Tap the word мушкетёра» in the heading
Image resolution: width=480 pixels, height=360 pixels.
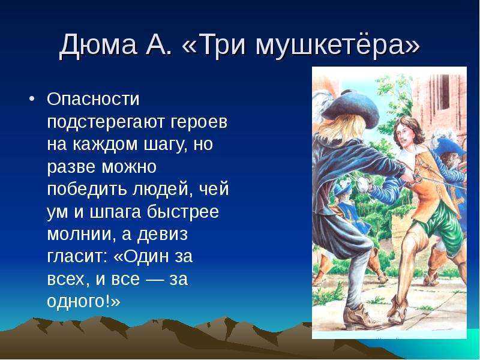click(x=337, y=46)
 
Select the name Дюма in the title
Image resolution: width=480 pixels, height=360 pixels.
click(x=98, y=46)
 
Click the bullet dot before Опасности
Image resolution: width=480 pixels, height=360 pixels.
click(x=32, y=99)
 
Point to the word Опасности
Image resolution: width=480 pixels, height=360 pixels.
click(x=93, y=98)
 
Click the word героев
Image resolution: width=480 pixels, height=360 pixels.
click(x=199, y=122)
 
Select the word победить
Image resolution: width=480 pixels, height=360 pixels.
click(x=86, y=189)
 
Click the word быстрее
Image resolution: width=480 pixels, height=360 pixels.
click(x=183, y=212)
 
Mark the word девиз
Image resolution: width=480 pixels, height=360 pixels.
click(x=161, y=235)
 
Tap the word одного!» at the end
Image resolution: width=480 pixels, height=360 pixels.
click(x=83, y=301)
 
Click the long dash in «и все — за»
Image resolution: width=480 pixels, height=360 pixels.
click(x=154, y=279)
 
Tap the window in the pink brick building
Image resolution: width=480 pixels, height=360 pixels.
click(x=443, y=92)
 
